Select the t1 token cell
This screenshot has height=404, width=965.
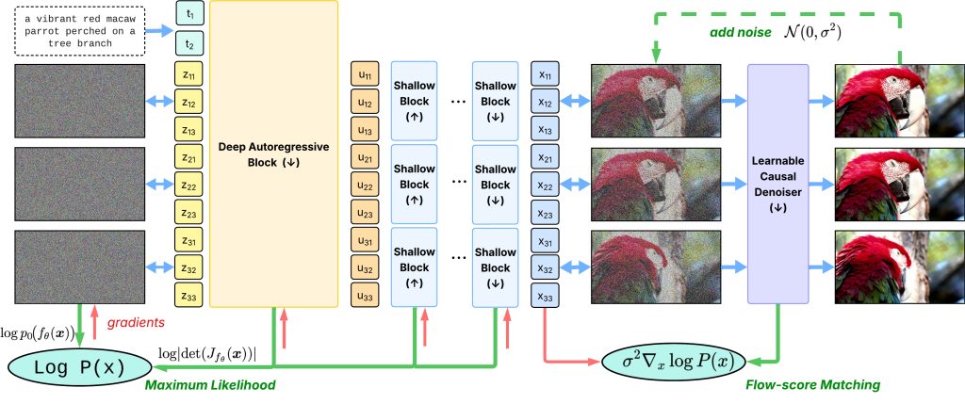pos(188,15)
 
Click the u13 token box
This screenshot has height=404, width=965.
pos(365,130)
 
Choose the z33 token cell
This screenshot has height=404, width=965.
pos(188,297)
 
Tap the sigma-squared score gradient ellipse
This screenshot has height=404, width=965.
pos(671,363)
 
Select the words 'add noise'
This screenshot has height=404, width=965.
pos(740,36)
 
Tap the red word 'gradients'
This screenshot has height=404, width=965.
pos(135,322)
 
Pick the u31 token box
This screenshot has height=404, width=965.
pos(365,241)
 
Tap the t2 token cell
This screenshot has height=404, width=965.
pos(188,43)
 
